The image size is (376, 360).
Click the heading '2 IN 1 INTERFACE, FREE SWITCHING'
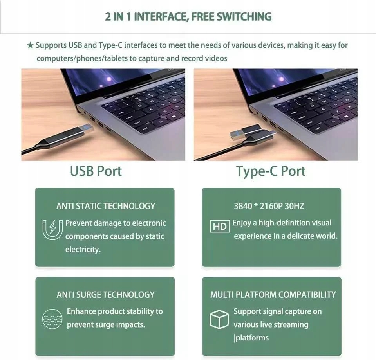(188, 17)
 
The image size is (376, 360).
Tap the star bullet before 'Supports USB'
(30, 45)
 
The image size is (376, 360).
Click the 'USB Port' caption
(96, 171)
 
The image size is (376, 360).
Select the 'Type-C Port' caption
(271, 171)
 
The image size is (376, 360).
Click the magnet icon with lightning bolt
(52, 229)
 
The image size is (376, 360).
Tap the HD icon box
(220, 226)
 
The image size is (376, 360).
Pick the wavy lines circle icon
(52, 319)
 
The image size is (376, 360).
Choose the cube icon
(219, 319)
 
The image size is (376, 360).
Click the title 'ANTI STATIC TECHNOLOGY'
(106, 206)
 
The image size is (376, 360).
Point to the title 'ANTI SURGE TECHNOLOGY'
(106, 295)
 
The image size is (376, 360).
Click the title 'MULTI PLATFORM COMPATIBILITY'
(273, 295)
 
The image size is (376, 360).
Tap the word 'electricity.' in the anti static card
(83, 249)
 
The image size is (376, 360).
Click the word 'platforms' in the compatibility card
(252, 338)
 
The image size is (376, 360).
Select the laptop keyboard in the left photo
(145, 106)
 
